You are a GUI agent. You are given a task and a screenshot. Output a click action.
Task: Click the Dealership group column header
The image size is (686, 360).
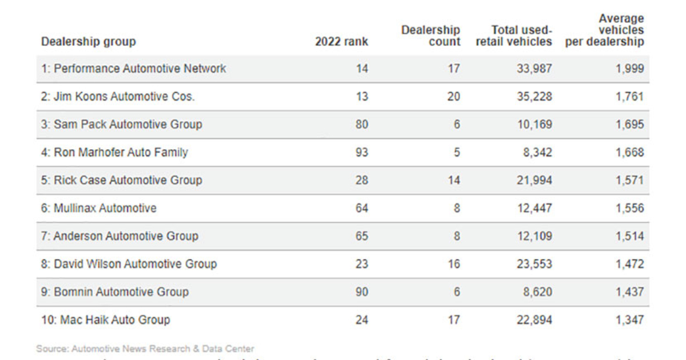pyautogui.click(x=89, y=42)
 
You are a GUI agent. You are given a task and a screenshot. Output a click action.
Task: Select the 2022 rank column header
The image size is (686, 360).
pyautogui.click(x=341, y=42)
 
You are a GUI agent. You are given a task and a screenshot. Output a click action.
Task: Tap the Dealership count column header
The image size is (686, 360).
pyautogui.click(x=430, y=35)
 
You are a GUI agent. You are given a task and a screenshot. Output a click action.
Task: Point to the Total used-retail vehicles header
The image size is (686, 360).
pyautogui.click(x=514, y=35)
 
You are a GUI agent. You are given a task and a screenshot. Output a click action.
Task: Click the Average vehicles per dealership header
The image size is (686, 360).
pyautogui.click(x=605, y=30)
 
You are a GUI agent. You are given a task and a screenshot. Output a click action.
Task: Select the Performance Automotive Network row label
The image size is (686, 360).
pyautogui.click(x=133, y=69)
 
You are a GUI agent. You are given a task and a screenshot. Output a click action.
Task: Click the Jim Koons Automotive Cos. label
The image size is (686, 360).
pyautogui.click(x=118, y=97)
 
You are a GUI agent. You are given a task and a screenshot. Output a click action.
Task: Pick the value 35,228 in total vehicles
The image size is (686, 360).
pyautogui.click(x=535, y=97)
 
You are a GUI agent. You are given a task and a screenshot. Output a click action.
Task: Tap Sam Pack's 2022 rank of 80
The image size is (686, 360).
pyautogui.click(x=362, y=125)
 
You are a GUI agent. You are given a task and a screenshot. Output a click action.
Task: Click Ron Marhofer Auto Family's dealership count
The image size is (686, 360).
pyautogui.click(x=456, y=153)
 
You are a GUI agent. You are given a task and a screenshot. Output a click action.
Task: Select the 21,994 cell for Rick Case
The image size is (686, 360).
pyautogui.click(x=535, y=181)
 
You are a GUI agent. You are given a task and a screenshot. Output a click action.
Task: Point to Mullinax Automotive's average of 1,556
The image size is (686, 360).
pyautogui.click(x=629, y=209)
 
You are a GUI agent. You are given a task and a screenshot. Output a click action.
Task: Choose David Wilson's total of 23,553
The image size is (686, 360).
pyautogui.click(x=535, y=264)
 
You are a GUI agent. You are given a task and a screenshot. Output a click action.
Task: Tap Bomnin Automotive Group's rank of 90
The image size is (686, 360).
pyautogui.click(x=362, y=292)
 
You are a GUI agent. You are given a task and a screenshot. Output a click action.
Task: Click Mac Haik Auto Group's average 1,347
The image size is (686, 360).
pyautogui.click(x=629, y=320)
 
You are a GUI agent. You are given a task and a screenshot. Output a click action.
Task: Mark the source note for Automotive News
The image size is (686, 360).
pyautogui.click(x=145, y=348)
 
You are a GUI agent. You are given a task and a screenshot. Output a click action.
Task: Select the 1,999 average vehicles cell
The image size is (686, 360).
pyautogui.click(x=629, y=69)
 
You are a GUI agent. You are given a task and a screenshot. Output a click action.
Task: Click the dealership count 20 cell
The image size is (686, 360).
pyautogui.click(x=453, y=97)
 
